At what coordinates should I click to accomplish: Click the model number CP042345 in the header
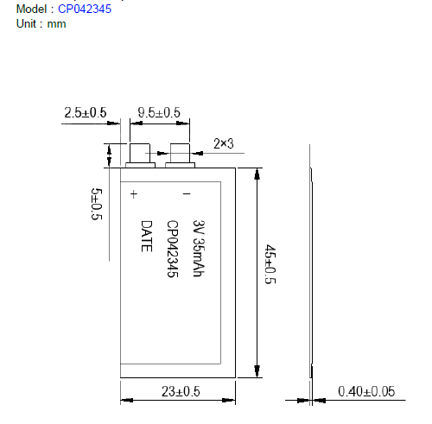[85, 9]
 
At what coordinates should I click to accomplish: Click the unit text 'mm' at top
[56, 23]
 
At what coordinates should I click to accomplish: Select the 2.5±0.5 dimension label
[85, 113]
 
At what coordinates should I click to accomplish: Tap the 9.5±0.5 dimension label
[159, 113]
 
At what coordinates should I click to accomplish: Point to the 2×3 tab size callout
[225, 143]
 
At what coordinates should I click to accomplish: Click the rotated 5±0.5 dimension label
[96, 204]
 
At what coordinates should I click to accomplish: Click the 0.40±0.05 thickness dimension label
[365, 391]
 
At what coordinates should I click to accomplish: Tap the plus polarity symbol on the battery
[134, 194]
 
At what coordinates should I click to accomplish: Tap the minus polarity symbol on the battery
[186, 194]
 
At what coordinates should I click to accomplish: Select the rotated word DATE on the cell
[147, 235]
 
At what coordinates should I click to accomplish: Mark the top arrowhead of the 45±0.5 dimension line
[256, 172]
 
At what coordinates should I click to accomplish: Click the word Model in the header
[31, 9]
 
